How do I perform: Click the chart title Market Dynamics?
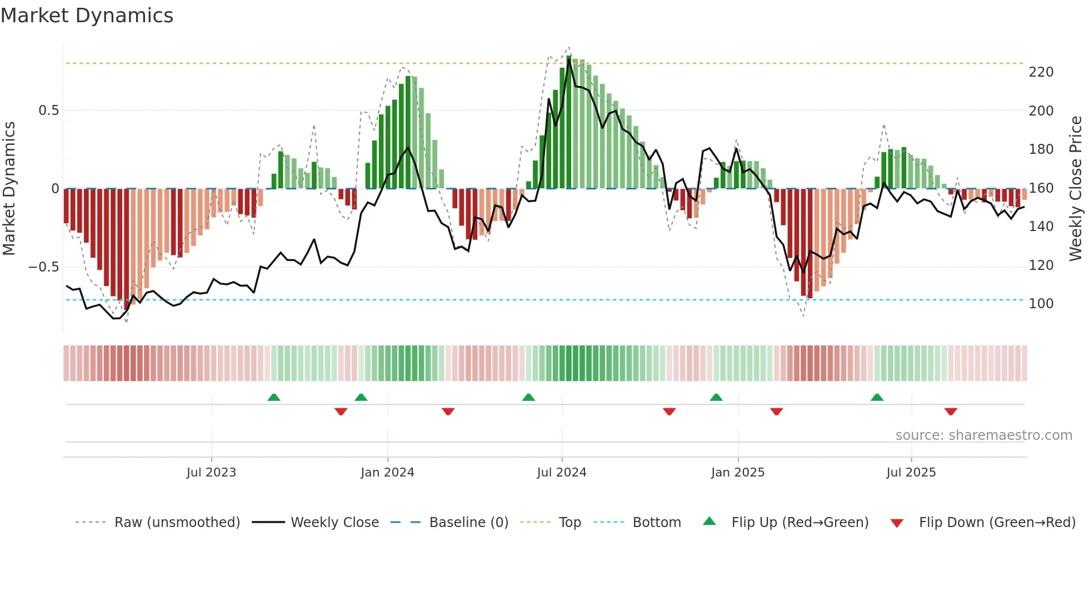(x=87, y=16)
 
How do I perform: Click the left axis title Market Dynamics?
(x=9, y=189)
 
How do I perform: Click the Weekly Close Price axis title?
(x=1076, y=189)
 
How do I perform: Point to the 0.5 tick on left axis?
(x=48, y=111)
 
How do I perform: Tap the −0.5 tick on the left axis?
(x=44, y=267)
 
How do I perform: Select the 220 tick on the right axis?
(x=1041, y=72)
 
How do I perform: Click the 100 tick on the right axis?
(x=1041, y=304)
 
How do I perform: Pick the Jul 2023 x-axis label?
(x=211, y=473)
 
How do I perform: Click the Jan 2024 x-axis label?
(x=387, y=473)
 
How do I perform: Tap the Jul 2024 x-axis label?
(x=562, y=473)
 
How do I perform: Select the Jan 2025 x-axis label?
(x=738, y=473)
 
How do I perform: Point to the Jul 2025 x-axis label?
(x=911, y=473)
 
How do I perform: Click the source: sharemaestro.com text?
(x=983, y=435)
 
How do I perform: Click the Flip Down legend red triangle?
(x=897, y=523)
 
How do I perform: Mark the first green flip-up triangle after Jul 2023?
(x=274, y=397)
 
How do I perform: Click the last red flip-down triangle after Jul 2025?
(x=951, y=412)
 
